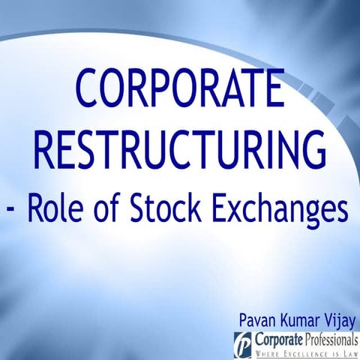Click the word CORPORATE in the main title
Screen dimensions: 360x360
pos(180,89)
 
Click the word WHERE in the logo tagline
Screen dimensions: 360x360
pos(268,353)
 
